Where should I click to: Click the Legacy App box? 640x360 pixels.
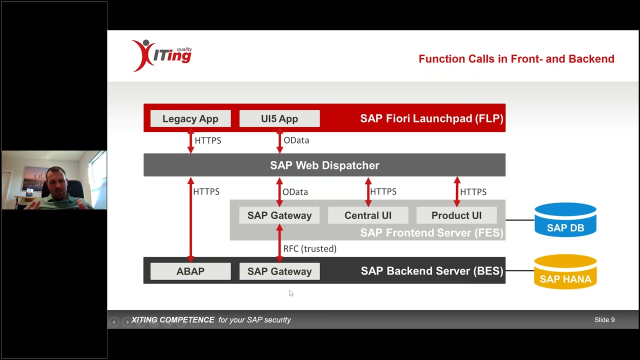tap(190, 119)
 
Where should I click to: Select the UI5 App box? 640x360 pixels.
tap(279, 119)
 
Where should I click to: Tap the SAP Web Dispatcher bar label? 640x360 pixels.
tap(324, 165)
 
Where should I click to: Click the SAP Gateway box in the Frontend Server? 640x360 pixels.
tap(279, 215)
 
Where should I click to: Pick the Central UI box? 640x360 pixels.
tap(368, 215)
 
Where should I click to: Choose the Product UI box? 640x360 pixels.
tap(456, 215)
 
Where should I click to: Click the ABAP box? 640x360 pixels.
tap(190, 271)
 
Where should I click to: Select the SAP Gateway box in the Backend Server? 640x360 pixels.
tap(279, 271)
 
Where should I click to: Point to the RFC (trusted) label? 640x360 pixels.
tap(310, 248)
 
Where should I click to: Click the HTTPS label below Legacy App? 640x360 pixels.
tap(208, 140)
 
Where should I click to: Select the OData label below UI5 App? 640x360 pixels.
tap(296, 140)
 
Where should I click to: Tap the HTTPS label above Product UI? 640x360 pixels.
tap(473, 192)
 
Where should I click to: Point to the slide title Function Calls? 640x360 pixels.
tap(516, 59)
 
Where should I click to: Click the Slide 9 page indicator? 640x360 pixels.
tap(604, 320)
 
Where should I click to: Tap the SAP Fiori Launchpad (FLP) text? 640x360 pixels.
tap(431, 118)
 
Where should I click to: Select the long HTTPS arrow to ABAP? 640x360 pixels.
tap(190, 220)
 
